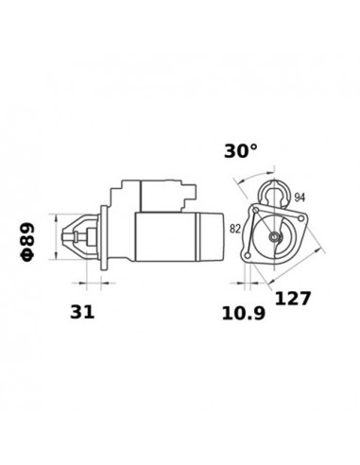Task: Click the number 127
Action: click(x=292, y=299)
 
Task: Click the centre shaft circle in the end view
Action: click(x=276, y=236)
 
